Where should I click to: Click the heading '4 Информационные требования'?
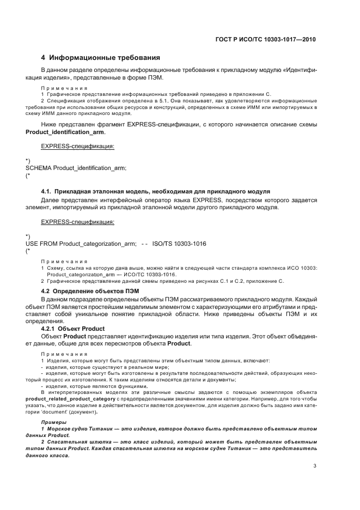point(100,58)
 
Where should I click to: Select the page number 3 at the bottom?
point(315,466)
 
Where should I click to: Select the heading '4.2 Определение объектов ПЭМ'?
point(83,292)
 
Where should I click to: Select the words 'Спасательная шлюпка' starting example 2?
point(73,444)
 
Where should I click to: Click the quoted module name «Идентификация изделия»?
point(305,70)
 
